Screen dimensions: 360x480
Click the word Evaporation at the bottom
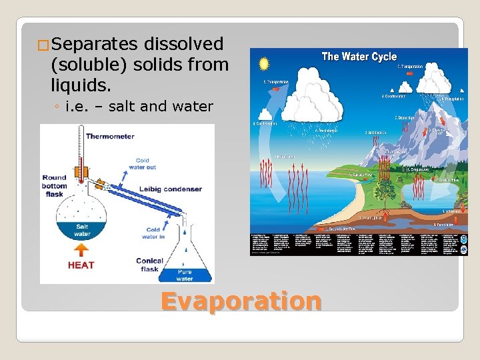pyautogui.click(x=241, y=301)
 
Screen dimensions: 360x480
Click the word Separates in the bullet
pyautogui.click(x=94, y=45)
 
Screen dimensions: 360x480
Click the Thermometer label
pyautogui.click(x=110, y=136)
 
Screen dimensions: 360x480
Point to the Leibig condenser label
pyautogui.click(x=171, y=189)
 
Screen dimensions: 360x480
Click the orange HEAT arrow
pyautogui.click(x=81, y=250)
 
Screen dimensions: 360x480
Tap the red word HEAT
pyautogui.click(x=81, y=265)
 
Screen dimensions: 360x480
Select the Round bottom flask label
pyautogui.click(x=54, y=185)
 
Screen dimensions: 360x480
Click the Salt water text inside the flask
pyautogui.click(x=82, y=230)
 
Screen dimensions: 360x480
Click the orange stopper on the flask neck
pyautogui.click(x=81, y=172)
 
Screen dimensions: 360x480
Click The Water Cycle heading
pyautogui.click(x=359, y=57)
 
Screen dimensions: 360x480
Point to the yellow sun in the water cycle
pyautogui.click(x=264, y=64)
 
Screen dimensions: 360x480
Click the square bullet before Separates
pyautogui.click(x=43, y=45)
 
